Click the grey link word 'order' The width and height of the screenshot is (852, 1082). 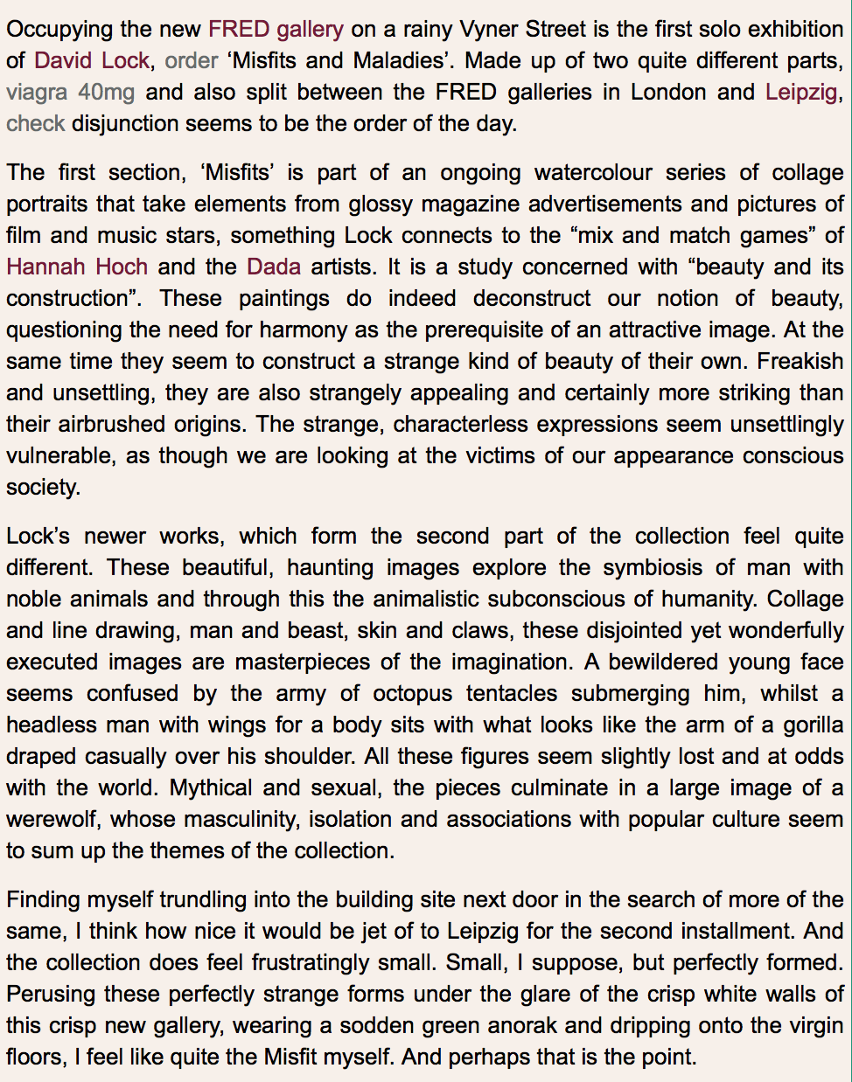[191, 60]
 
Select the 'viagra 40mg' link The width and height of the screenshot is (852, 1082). [70, 92]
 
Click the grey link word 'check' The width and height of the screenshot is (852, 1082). [35, 123]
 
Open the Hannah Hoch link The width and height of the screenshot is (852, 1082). [77, 267]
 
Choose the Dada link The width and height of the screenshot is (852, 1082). [274, 267]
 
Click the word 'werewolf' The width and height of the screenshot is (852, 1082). [52, 819]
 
